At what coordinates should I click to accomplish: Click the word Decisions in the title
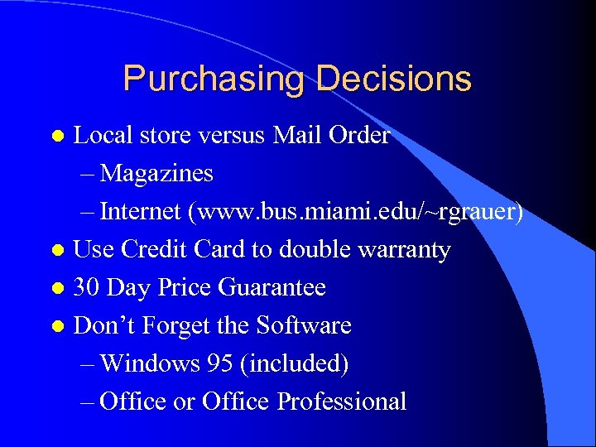pyautogui.click(x=393, y=79)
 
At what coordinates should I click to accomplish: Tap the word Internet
pyautogui.click(x=142, y=212)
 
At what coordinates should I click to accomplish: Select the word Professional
pyautogui.click(x=342, y=401)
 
